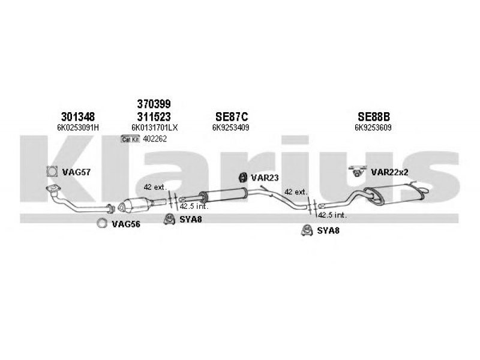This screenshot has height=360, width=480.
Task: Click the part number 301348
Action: (78, 116)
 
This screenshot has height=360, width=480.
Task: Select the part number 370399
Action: (154, 104)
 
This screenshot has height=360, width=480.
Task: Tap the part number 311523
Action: (154, 116)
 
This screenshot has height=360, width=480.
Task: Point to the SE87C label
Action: (232, 116)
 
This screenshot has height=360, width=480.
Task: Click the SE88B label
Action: (374, 116)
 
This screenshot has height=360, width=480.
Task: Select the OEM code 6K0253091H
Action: (78, 128)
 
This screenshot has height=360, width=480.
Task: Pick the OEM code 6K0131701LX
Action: (155, 128)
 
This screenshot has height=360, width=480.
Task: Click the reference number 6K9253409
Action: (231, 127)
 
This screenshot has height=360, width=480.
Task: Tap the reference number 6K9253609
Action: (373, 127)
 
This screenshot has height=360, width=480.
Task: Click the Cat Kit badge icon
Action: (130, 139)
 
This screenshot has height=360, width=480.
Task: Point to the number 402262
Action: (155, 139)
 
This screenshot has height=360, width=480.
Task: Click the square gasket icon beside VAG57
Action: (52, 172)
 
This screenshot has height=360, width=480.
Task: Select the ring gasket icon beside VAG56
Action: (102, 223)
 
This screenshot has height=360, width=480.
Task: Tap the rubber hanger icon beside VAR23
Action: (243, 177)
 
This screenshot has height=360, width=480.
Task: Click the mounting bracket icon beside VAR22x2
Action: (358, 171)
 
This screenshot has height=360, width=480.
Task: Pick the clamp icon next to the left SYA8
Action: (169, 219)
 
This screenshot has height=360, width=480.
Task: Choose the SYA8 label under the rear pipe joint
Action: (328, 230)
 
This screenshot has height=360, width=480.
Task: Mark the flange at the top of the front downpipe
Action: (53, 188)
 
